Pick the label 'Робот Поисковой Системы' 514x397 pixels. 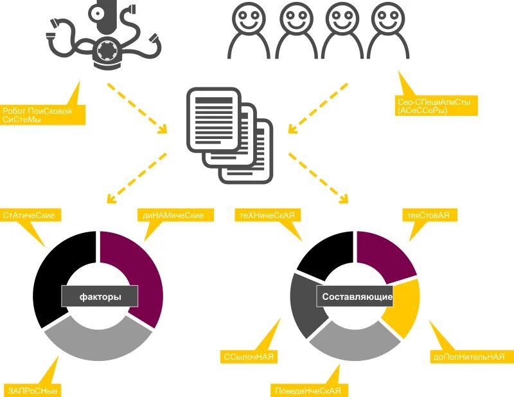coord(43,115)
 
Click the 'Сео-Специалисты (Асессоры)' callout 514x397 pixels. coord(438,106)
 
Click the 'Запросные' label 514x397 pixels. coord(35,390)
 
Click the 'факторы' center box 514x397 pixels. coord(100,297)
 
